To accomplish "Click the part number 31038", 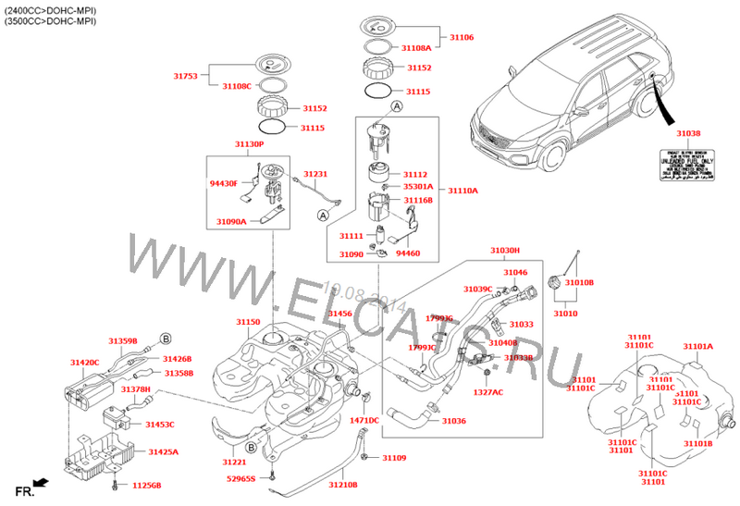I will [688, 133].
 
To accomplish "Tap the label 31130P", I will [248, 144].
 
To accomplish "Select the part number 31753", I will [185, 77].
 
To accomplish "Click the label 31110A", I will [462, 191].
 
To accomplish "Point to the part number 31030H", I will [505, 251].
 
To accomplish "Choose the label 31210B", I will [343, 484].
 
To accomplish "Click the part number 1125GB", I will [146, 485].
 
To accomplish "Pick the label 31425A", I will [164, 452].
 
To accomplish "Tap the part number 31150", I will [248, 322].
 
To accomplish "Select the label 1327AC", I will [488, 392].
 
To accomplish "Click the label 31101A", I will [698, 347].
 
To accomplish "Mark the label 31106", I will [462, 38].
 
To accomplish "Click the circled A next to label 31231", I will [323, 216].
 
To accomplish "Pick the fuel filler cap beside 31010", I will [557, 282].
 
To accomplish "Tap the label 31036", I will [453, 421].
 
